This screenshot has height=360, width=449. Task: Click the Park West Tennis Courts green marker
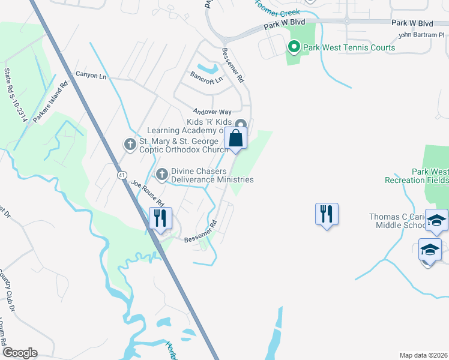294,47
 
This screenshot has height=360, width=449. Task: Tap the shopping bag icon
237,139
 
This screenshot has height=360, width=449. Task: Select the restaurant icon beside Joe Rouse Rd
160,218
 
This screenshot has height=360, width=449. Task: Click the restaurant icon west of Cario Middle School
327,214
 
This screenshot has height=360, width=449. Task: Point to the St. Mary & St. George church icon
130,144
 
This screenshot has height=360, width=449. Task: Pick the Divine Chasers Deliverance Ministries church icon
161,175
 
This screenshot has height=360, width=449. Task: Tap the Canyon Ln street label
91,76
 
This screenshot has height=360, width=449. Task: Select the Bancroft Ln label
206,79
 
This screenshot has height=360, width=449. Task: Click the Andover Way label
212,112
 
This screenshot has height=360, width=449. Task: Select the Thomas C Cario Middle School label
398,221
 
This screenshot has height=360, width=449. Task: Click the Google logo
20,353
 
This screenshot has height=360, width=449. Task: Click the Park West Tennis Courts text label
349,47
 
